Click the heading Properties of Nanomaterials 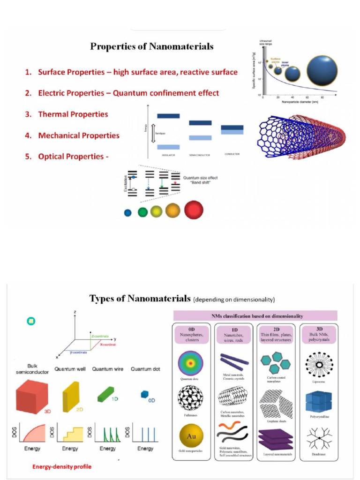[151, 46]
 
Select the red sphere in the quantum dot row [194, 210]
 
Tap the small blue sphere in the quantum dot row [128, 212]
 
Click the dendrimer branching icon [318, 439]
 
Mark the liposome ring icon [318, 364]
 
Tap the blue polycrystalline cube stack [318, 402]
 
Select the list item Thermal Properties [73, 114]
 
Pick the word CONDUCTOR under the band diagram [232, 154]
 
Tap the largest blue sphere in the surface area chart [322, 70]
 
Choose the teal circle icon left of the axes [31, 321]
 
